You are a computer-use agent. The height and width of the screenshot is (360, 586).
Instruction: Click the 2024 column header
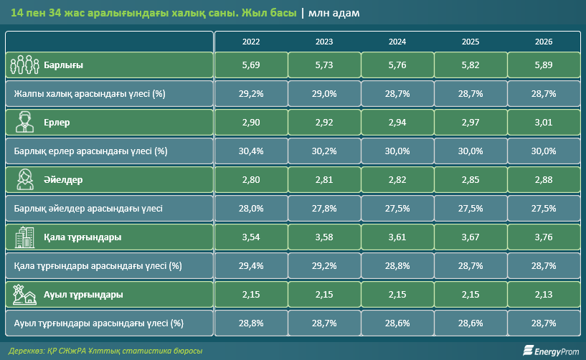coord(397,42)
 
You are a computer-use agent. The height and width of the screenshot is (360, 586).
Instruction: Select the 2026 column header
coord(544,42)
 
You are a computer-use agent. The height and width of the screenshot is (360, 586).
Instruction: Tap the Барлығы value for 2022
coord(251,65)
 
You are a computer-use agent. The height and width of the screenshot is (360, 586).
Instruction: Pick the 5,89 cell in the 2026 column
coord(544,65)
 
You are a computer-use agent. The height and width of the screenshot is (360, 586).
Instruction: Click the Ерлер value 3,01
coord(544,122)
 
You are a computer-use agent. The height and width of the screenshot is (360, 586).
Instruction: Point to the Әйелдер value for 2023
coord(324,180)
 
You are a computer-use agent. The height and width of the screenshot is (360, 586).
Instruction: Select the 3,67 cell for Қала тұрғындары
coord(470,237)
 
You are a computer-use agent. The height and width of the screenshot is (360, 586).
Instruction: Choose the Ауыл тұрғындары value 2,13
coord(544,295)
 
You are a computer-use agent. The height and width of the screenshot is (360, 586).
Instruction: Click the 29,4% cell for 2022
coord(251,266)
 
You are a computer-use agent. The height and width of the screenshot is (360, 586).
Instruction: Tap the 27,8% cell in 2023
coord(324,208)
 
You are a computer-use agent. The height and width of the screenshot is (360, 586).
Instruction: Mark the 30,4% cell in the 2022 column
coord(251,151)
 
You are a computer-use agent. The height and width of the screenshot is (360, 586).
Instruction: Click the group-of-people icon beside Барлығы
coord(24,65)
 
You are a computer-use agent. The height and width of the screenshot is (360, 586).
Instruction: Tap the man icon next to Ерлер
coord(24,122)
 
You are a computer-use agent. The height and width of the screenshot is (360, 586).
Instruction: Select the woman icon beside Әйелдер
coord(25,179)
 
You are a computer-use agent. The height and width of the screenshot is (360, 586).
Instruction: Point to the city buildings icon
coord(24,237)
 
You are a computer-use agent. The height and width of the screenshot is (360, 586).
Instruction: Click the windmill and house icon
coord(24,295)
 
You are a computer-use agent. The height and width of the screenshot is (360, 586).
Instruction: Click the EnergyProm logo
coord(551,351)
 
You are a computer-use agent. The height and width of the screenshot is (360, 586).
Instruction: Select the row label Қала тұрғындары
coord(82,237)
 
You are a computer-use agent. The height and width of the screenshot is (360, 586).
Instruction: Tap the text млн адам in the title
coord(334,13)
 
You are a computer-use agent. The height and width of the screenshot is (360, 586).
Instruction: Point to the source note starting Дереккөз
coord(105,351)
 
